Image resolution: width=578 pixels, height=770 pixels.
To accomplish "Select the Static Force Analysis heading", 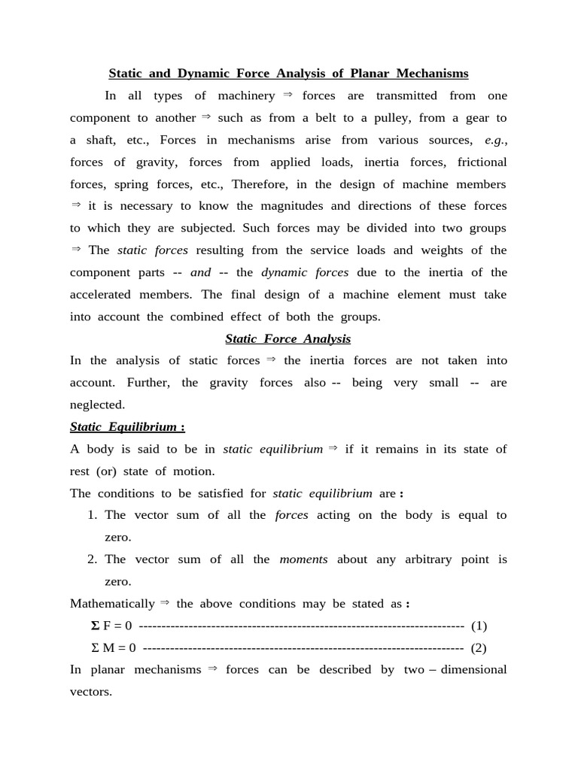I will click(x=288, y=338).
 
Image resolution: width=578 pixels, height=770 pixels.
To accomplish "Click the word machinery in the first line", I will click(x=246, y=95).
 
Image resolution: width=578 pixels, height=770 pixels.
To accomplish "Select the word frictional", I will click(x=482, y=162).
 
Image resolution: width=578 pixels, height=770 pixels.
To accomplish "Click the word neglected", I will click(x=97, y=405).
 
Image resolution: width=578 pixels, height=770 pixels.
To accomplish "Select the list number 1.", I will click(x=92, y=515).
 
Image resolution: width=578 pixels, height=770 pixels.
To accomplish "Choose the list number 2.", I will click(x=92, y=559).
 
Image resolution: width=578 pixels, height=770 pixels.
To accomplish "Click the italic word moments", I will click(x=303, y=559).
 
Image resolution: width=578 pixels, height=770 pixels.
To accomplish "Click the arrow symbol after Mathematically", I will click(x=166, y=603).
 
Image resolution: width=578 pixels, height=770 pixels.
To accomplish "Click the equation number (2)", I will click(x=479, y=647).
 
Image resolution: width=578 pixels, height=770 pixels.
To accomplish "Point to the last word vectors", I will click(x=91, y=692).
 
